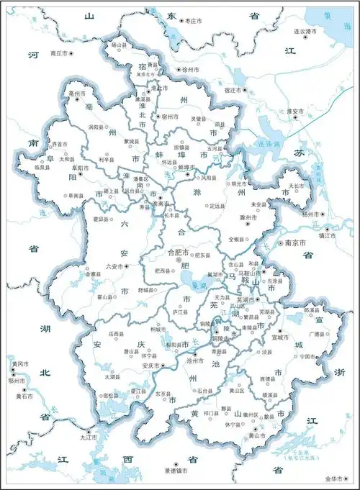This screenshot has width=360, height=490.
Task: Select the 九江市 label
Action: coord(89,437)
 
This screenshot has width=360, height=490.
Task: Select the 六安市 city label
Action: coord(95,266)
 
